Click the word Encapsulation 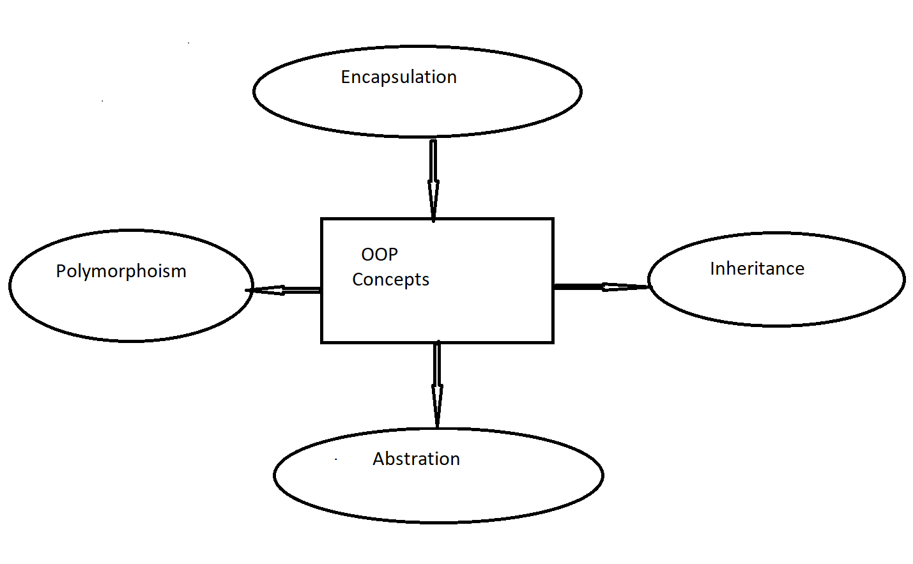(x=399, y=77)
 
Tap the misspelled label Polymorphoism (x=121, y=271)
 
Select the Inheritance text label (x=757, y=269)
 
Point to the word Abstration (x=416, y=459)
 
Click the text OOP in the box (x=380, y=255)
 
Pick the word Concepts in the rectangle (x=390, y=280)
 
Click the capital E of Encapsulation (x=346, y=77)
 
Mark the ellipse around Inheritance (x=776, y=300)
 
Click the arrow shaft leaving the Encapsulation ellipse (x=433, y=160)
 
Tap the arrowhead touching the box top (x=433, y=201)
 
